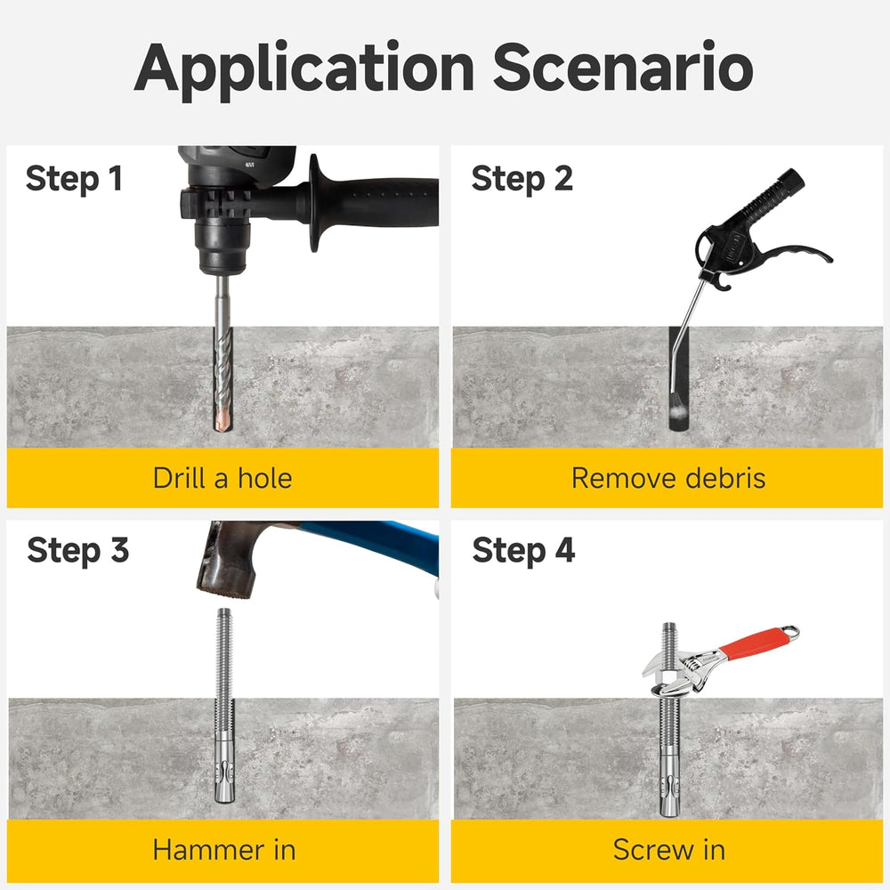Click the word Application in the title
(x=304, y=69)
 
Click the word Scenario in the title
(x=623, y=66)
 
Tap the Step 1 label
(x=74, y=180)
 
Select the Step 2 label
(x=522, y=180)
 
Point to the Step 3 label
(x=78, y=551)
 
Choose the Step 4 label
(x=523, y=551)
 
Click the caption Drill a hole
(x=222, y=478)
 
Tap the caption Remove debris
(x=668, y=478)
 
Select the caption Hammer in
(x=224, y=850)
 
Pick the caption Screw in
(x=669, y=850)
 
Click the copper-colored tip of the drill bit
(x=223, y=419)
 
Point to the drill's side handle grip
(x=375, y=202)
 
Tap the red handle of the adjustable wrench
(x=755, y=643)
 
